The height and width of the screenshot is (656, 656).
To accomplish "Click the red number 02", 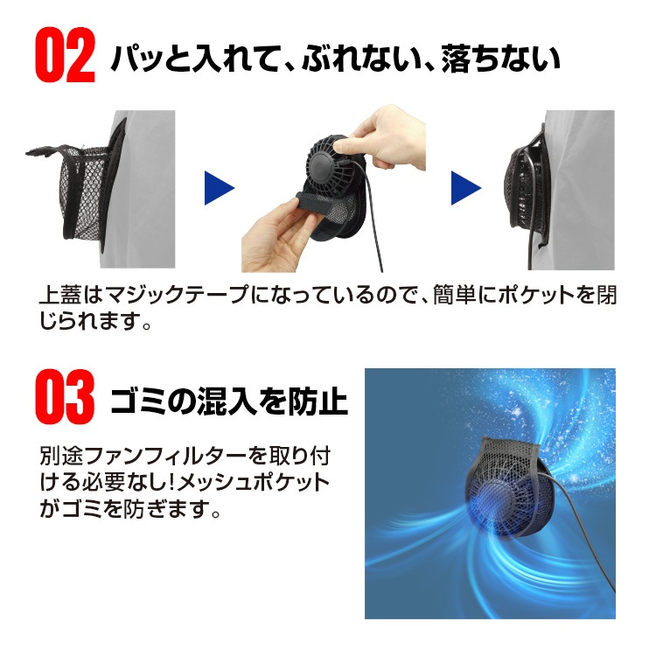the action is [66, 55].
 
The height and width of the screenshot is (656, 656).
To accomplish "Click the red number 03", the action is [65, 396].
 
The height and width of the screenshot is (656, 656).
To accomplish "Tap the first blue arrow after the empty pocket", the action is [220, 188].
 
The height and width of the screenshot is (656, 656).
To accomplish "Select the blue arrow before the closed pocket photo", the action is [466, 188].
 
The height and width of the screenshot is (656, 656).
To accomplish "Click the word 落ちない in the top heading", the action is [501, 58].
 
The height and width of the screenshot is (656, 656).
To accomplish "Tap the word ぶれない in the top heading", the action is [360, 58].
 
